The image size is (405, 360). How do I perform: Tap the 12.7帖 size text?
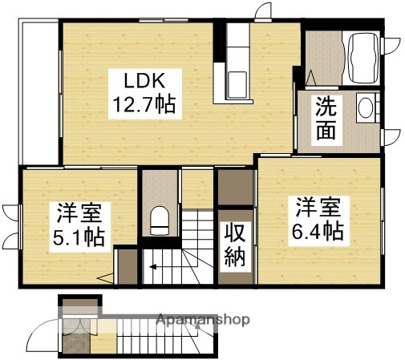pyautogui.click(x=144, y=104)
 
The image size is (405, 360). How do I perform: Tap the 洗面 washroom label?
pyautogui.click(x=325, y=117)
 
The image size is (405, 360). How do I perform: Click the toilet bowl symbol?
pyautogui.click(x=159, y=218)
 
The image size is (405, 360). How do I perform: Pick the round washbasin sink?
pyautogui.click(x=367, y=108)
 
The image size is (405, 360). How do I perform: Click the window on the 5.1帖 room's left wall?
pyautogui.click(x=22, y=224)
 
